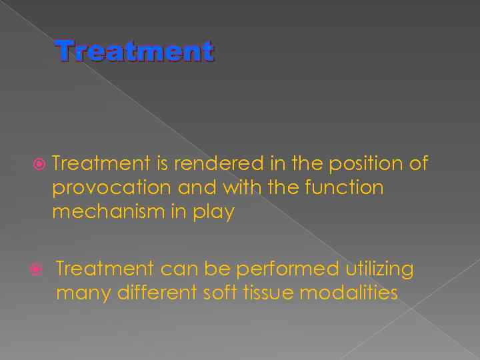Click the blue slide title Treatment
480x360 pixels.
(x=135, y=51)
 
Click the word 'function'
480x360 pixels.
(x=344, y=187)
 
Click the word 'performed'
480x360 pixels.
(x=287, y=269)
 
